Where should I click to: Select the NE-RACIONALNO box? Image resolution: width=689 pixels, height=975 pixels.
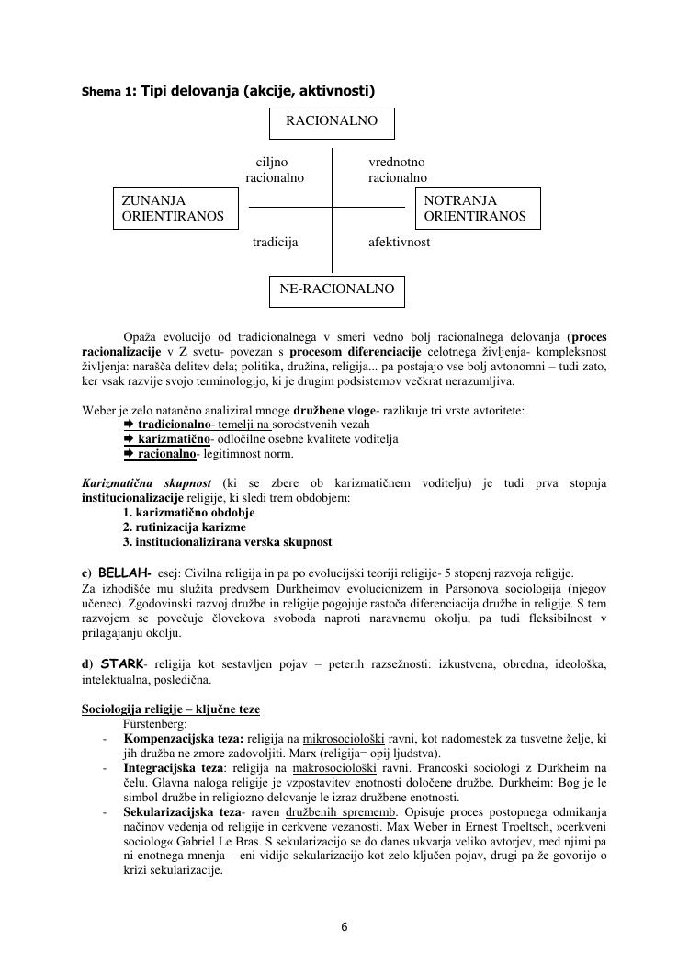click(336, 289)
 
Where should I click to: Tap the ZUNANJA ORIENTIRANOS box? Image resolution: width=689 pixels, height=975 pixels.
click(173, 209)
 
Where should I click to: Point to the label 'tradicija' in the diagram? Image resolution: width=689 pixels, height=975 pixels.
click(276, 243)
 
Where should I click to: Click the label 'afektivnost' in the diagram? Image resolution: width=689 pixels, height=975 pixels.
click(399, 243)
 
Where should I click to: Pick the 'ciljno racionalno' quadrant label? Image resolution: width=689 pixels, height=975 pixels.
click(274, 170)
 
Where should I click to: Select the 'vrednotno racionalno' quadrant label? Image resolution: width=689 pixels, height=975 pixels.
click(398, 170)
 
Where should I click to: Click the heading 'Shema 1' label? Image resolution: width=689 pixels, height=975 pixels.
click(107, 91)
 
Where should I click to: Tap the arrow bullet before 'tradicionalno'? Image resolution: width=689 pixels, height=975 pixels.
click(129, 425)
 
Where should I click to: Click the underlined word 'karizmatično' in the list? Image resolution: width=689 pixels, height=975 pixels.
click(174, 439)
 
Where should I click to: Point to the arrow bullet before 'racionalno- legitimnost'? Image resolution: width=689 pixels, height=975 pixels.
click(129, 454)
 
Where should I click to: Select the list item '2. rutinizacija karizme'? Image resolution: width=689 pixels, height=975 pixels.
click(184, 527)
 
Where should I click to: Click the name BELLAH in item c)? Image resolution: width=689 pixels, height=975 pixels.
click(123, 572)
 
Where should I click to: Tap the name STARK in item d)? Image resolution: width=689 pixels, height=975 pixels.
click(122, 663)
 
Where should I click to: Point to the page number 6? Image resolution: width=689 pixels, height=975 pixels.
click(344, 926)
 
